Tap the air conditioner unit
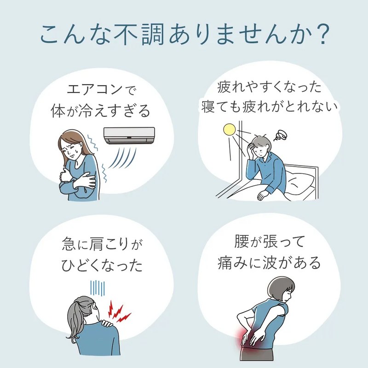click(x=129, y=135)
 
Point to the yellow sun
click(x=229, y=130)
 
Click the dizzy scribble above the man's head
click(x=281, y=135)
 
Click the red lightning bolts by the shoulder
click(x=119, y=312)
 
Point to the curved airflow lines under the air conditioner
click(x=122, y=158)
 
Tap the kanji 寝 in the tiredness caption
click(x=208, y=107)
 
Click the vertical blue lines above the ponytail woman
click(x=98, y=288)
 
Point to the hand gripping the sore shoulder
click(x=107, y=323)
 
